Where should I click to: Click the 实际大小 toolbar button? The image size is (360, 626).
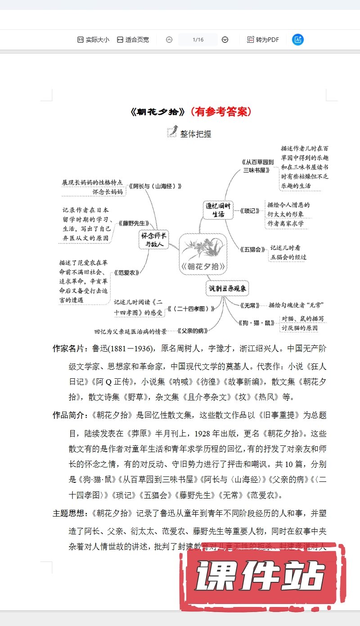coord(93,40)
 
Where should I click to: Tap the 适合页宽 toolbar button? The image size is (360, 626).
coord(133,40)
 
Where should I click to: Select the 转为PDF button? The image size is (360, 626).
coord(263,40)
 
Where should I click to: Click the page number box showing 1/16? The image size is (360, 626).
coord(198,40)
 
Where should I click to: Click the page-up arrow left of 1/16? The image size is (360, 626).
coord(169,40)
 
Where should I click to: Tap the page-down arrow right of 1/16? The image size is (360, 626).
coord(225,40)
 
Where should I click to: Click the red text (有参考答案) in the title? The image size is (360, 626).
coord(221,111)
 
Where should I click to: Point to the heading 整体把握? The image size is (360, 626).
coord(195,134)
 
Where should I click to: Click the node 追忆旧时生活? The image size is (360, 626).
coord(218,210)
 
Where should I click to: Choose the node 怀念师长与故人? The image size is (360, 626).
coord(153,240)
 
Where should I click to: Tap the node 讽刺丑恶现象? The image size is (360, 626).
coord(229,288)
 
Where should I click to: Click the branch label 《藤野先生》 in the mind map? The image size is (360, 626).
coord(133,223)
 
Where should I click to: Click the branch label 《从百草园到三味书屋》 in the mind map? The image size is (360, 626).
coord(256,166)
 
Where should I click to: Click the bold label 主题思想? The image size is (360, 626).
coord(71,513)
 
